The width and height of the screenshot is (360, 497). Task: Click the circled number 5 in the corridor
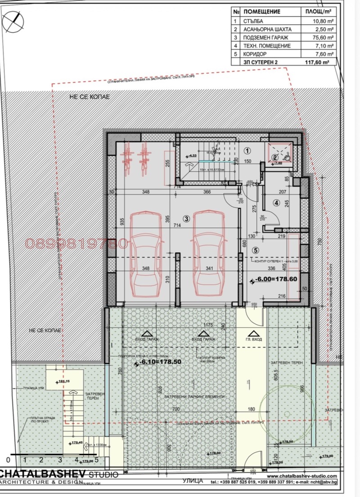point(256,250)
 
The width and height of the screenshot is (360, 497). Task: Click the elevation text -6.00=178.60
point(275,279)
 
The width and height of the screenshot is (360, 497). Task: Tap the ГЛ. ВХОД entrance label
point(254,340)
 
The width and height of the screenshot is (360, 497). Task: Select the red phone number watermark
point(76,244)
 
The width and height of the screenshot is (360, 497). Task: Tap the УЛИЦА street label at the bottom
point(191,480)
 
